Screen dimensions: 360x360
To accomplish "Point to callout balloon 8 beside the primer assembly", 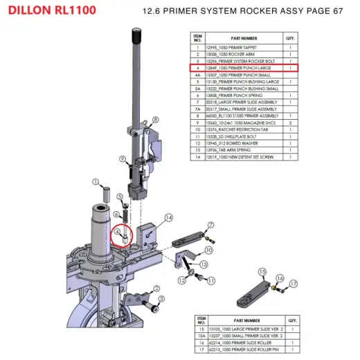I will (x=154, y=120).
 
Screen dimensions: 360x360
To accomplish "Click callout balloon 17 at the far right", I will (x=293, y=284).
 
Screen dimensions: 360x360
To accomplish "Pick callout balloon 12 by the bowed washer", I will (x=181, y=280).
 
